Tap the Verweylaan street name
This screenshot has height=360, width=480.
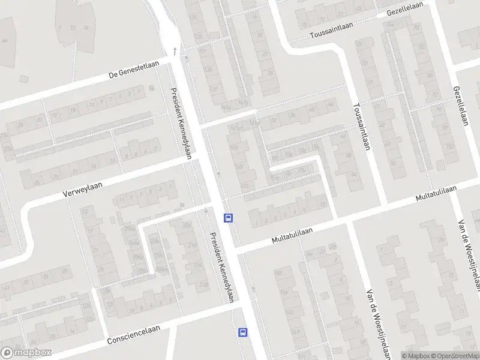83,190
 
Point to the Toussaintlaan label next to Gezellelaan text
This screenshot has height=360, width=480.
332,30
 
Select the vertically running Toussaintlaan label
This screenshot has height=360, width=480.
364,126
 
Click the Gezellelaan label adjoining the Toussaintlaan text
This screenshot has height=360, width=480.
405,8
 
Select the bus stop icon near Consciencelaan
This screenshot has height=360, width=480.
243,332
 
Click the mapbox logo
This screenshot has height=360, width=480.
26,353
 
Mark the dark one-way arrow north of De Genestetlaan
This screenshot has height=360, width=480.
175,50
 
